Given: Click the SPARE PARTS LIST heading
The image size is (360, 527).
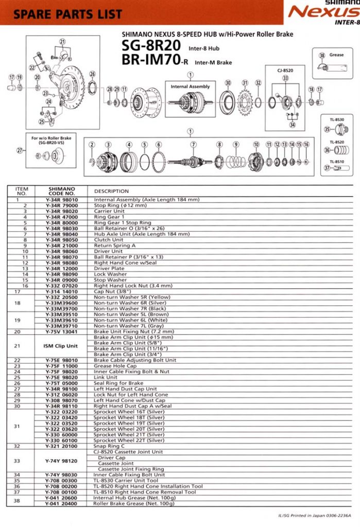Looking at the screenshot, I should pos(67,14).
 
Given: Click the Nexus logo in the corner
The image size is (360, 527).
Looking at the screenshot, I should pos(323,12).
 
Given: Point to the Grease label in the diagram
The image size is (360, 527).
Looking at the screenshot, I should pos(336,55).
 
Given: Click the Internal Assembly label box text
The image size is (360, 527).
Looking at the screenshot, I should pos(190,86).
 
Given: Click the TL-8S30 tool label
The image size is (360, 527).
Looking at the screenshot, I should pos(336,119).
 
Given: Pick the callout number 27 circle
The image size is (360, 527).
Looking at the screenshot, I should pos(20,150).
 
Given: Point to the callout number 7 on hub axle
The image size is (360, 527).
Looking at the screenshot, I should pos(194,145).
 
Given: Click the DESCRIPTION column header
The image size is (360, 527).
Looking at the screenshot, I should pos(111,191).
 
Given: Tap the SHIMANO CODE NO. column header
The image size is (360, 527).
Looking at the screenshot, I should pos(62,191).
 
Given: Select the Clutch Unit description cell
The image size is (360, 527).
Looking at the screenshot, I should pos(109,239).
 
